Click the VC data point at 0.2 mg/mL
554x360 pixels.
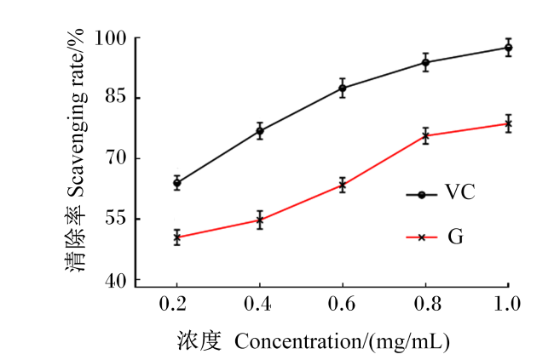tap(177, 183)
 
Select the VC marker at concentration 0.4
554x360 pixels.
tap(260, 131)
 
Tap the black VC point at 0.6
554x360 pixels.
tap(343, 88)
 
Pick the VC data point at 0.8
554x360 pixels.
tap(426, 63)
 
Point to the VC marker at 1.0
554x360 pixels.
tap(509, 48)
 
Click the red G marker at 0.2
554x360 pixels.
tap(177, 237)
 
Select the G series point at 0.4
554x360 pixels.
tap(260, 220)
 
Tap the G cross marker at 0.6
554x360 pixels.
tap(343, 185)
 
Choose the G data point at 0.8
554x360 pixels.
tap(426, 136)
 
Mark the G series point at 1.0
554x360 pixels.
tap(509, 124)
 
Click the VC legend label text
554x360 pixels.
tap(459, 192)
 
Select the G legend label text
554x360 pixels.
tap(455, 237)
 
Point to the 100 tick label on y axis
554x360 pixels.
tap(111, 37)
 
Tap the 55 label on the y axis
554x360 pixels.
tap(116, 218)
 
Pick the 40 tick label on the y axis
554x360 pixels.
tap(116, 281)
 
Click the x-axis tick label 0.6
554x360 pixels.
tap(341, 304)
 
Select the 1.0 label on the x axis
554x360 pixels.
tap(507, 304)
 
